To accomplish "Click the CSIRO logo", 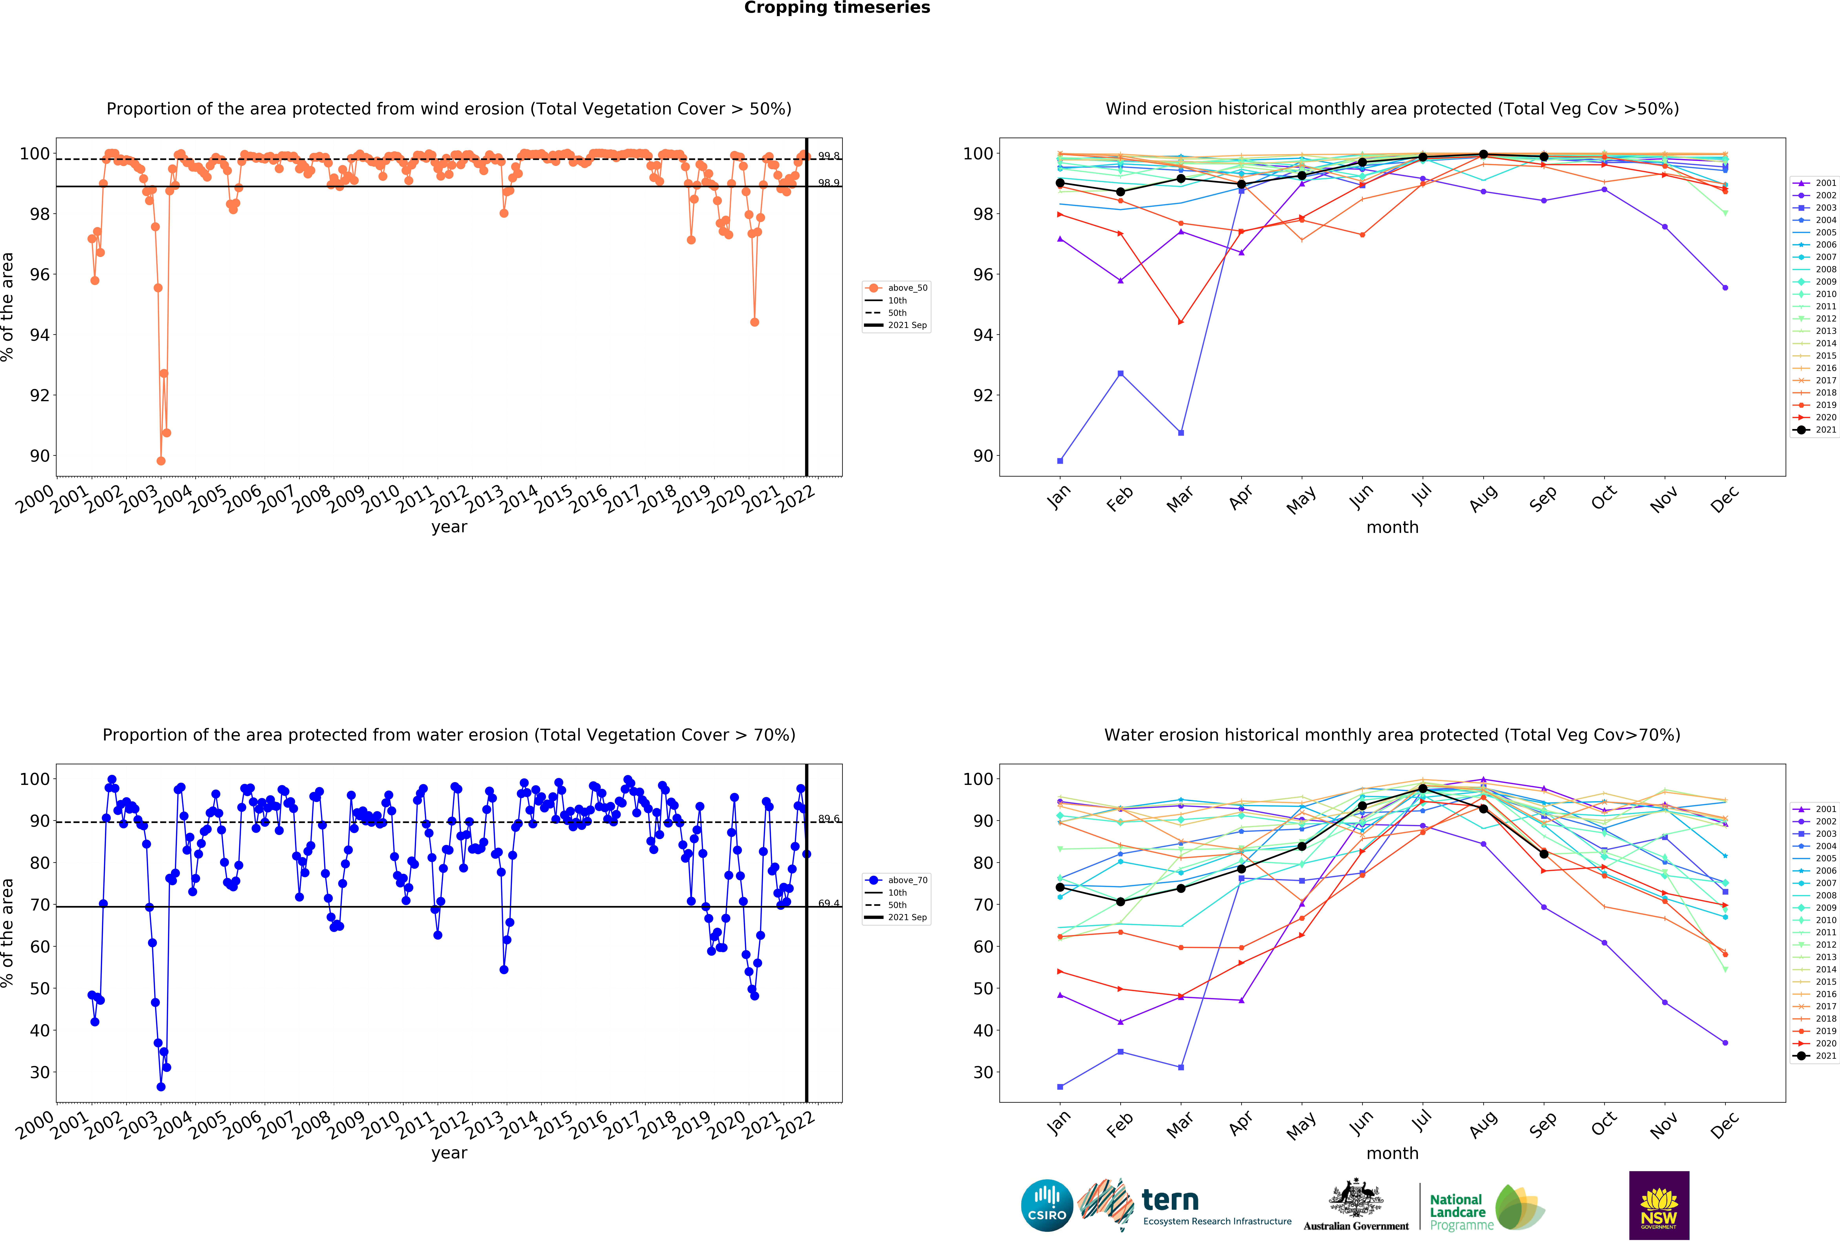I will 1047,1206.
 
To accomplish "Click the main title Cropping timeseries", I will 837,8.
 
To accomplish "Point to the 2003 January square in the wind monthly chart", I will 1060,461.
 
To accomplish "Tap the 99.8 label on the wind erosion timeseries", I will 829,156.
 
